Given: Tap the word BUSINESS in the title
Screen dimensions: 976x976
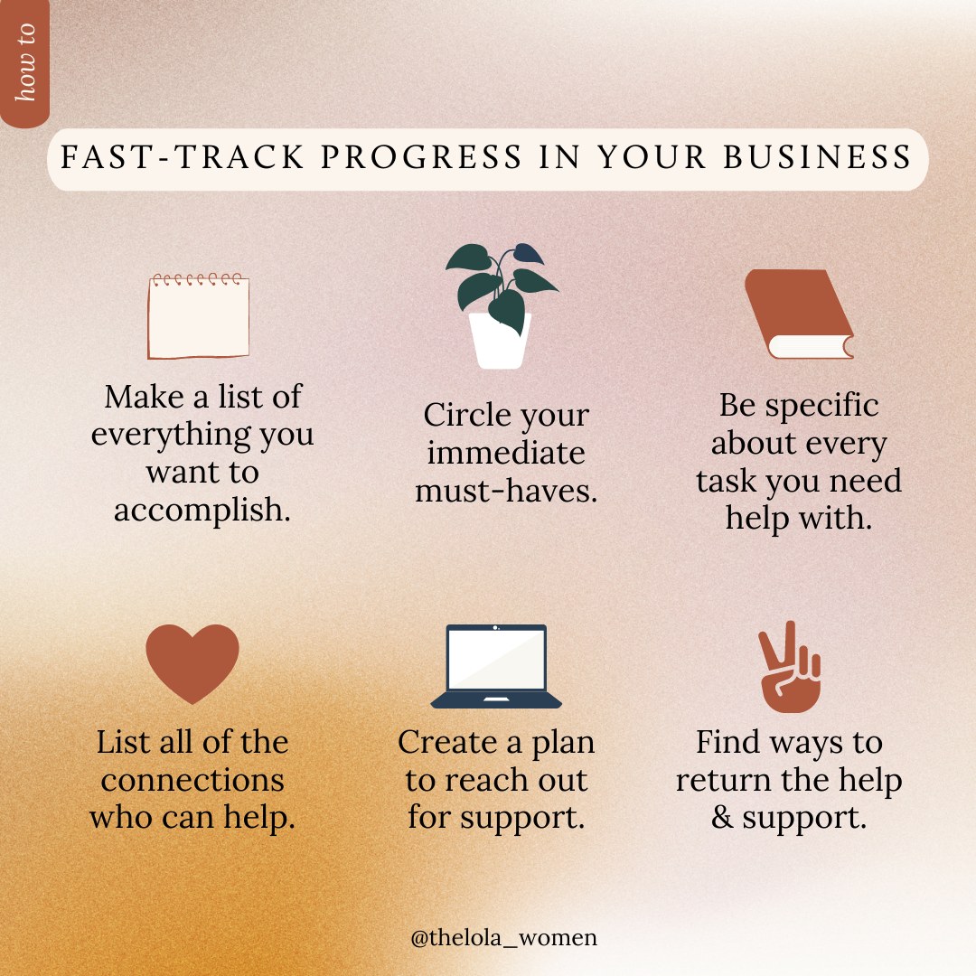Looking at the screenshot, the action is (817, 157).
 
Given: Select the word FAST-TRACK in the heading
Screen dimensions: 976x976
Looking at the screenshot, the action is (183, 157).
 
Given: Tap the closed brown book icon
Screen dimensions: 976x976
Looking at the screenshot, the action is (799, 314).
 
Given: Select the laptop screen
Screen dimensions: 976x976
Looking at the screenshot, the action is (496, 659).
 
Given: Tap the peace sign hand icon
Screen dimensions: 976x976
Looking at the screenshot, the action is (789, 667).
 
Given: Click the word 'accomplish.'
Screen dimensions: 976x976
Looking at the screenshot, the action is (202, 511).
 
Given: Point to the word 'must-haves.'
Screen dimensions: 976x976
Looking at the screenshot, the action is (506, 491).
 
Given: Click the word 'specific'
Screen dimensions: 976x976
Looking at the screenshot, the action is (821, 407).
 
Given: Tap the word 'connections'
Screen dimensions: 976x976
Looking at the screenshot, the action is (192, 781).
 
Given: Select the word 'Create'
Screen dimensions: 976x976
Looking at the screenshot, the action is (447, 742).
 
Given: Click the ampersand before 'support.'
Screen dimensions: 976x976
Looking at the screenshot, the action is (722, 817).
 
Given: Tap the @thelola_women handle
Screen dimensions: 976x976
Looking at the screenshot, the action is (503, 937).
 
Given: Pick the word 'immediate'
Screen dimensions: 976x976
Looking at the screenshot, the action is (506, 453).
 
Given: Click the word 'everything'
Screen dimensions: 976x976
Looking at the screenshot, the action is (171, 436).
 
